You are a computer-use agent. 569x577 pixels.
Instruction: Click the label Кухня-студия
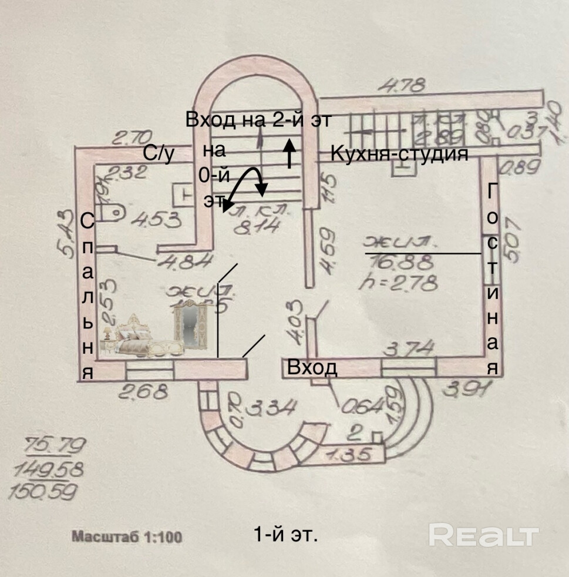(399, 155)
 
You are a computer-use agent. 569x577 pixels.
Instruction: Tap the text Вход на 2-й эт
(258, 120)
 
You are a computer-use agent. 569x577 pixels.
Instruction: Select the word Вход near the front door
(312, 368)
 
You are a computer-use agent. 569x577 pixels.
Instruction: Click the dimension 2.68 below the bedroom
(144, 391)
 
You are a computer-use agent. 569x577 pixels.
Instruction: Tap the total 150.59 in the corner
(52, 490)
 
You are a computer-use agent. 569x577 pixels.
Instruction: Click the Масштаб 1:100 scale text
(127, 536)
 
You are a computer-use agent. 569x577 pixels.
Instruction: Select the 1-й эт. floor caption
(285, 535)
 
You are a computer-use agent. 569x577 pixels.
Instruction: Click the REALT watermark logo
(483, 535)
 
